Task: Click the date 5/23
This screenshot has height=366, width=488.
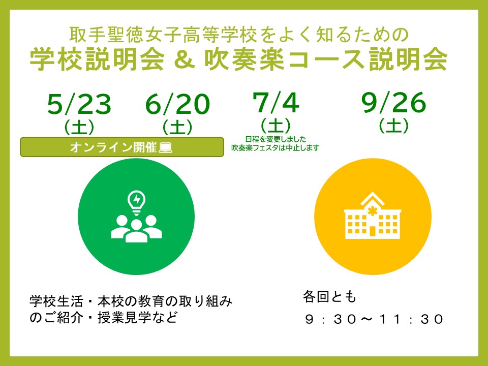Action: (x=79, y=104)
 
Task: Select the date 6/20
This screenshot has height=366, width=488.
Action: (x=177, y=104)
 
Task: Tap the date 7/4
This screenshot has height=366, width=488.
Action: (x=276, y=102)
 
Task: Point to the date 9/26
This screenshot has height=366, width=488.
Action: (x=393, y=102)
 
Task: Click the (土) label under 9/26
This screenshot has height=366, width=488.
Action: (x=393, y=126)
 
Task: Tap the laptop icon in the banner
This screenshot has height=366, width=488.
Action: (x=165, y=147)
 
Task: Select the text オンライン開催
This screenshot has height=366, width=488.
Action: (x=113, y=147)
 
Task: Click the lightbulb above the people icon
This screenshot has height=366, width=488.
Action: (x=136, y=202)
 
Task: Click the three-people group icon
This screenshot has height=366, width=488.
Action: (x=136, y=229)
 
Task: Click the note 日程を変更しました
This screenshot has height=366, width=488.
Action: (x=276, y=139)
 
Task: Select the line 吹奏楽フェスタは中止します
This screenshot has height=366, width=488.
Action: (x=276, y=148)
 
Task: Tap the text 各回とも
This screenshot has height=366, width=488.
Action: (x=329, y=296)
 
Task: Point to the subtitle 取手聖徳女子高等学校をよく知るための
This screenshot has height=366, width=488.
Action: (x=239, y=35)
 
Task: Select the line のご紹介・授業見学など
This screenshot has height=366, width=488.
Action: (x=104, y=317)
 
